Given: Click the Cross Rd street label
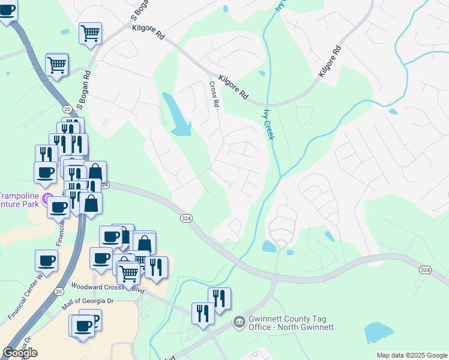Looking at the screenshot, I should tap(214, 94).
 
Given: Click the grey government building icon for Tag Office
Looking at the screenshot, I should tap(239, 322).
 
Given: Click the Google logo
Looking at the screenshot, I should tap(20, 353).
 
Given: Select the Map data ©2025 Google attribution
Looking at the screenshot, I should tap(412, 355).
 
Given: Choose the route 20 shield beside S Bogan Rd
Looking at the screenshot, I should tap(66, 108).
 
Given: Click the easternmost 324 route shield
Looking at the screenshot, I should tap(425, 271).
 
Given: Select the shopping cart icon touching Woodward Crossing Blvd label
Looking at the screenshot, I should tap(128, 273).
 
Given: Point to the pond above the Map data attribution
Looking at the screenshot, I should tap(378, 332).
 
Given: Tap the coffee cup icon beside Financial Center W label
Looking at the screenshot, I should tap(47, 260).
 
